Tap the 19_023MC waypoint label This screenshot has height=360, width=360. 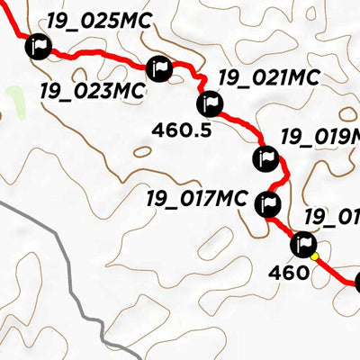[x=93, y=90]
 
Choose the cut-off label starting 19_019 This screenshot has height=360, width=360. [x=319, y=137]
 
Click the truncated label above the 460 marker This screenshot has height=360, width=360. [x=331, y=216]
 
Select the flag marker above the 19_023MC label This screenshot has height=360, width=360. [x=158, y=67]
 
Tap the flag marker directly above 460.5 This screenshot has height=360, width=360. [x=209, y=104]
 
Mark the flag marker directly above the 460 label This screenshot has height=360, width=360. [x=302, y=244]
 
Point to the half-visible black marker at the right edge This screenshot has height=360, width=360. [x=356, y=283]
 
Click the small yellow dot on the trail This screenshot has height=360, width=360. [x=315, y=257]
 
